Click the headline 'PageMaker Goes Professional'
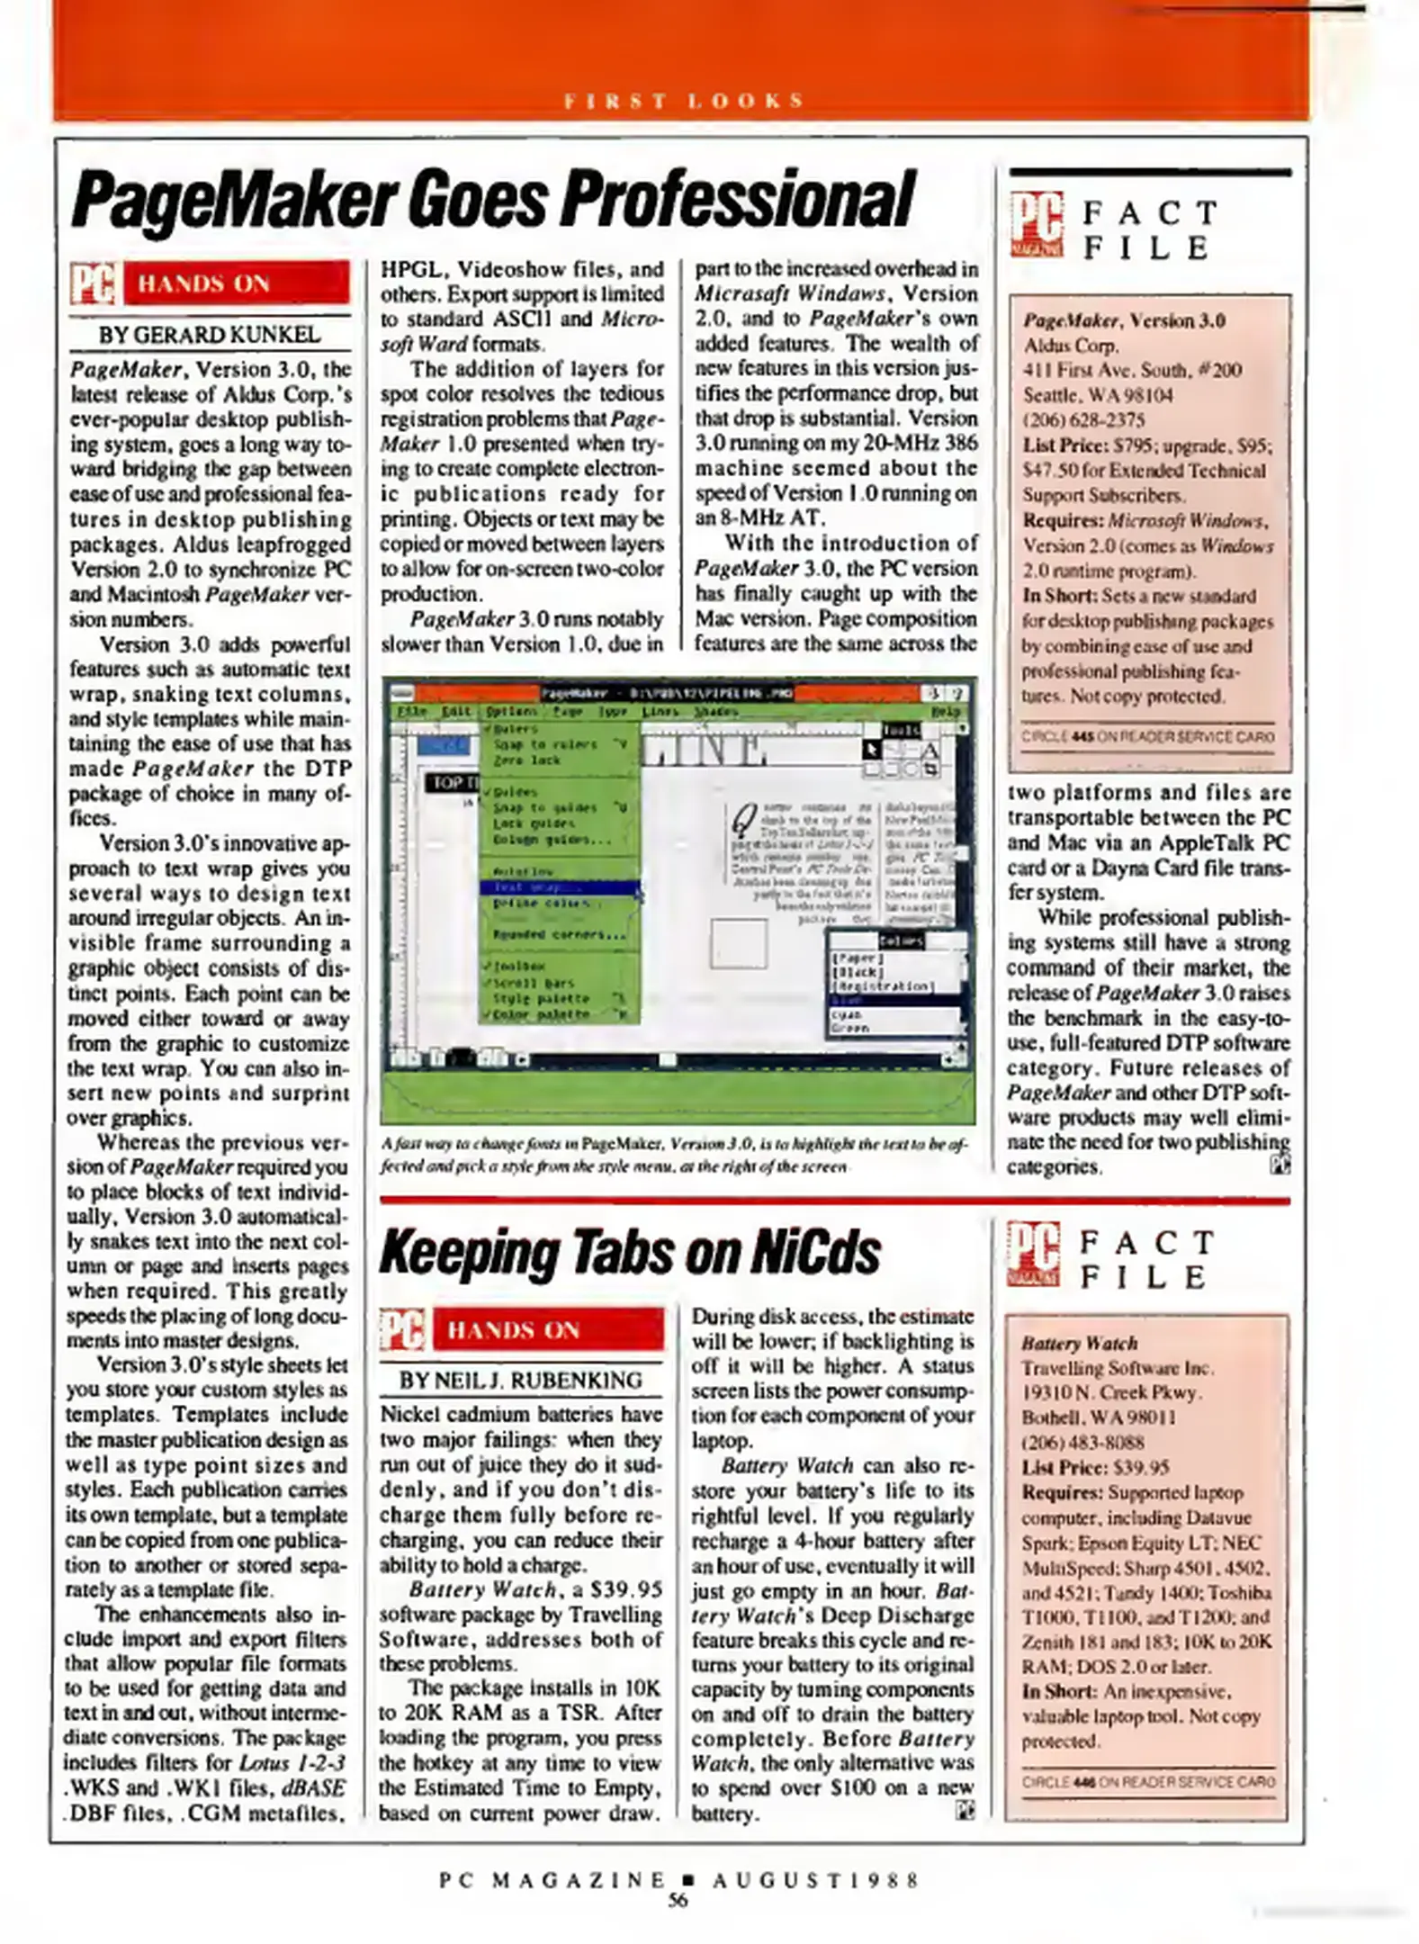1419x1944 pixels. (x=492, y=200)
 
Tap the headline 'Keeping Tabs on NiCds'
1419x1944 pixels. (x=629, y=1252)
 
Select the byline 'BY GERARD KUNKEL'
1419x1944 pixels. (x=209, y=335)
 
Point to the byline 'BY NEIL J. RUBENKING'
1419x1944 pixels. (x=520, y=1380)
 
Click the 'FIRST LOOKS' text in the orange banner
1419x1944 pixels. (x=683, y=100)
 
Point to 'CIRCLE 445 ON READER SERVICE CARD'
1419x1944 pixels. (x=1147, y=737)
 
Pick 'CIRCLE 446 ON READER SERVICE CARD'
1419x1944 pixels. (x=1147, y=1781)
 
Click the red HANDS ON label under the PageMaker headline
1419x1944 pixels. (x=235, y=283)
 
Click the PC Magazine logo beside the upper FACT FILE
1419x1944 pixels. (x=1036, y=223)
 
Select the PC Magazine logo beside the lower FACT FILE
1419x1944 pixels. (x=1033, y=1253)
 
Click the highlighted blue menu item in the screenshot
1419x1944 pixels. (x=558, y=887)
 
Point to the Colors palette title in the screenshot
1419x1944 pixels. (x=900, y=940)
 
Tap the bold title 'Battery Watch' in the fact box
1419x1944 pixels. (x=1079, y=1343)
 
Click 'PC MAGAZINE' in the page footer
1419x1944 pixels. (x=552, y=1880)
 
